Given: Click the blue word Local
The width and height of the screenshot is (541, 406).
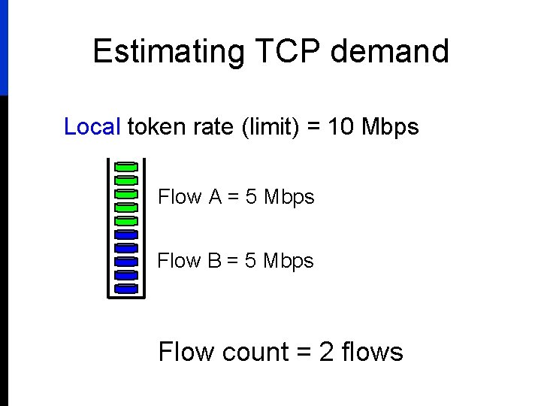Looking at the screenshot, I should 92,127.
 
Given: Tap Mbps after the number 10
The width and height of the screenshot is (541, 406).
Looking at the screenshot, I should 390,127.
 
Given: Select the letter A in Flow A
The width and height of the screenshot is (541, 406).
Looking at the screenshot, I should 216,197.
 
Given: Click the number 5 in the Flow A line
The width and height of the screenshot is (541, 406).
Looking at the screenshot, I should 251,197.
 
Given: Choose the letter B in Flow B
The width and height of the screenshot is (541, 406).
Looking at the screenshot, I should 215,261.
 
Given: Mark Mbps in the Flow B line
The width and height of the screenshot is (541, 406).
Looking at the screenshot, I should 289,261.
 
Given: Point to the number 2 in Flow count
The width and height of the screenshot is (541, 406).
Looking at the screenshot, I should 327,352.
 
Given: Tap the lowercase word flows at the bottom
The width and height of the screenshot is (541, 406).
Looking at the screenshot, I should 372,352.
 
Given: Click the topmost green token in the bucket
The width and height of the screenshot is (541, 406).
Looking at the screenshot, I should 126,166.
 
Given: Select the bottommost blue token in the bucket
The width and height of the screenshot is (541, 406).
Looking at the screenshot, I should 126,288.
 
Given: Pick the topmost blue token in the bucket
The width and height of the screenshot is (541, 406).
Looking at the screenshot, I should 126,234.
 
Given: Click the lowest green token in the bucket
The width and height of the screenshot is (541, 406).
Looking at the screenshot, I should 126,220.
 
